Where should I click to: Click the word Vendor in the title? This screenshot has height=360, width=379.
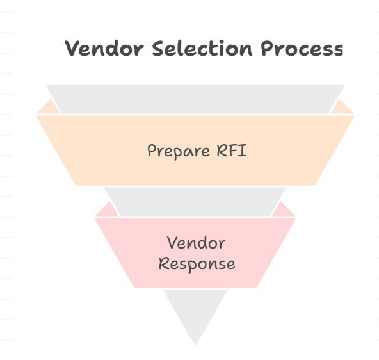pyautogui.click(x=104, y=49)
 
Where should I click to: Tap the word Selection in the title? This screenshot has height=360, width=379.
pyautogui.click(x=202, y=48)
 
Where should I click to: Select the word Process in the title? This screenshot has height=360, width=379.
pyautogui.click(x=302, y=48)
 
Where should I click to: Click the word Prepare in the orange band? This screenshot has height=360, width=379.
pyautogui.click(x=179, y=151)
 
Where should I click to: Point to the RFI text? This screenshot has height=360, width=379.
pyautogui.click(x=232, y=151)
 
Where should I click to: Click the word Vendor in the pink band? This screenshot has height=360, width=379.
pyautogui.click(x=197, y=243)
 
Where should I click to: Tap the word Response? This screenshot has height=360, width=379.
pyautogui.click(x=197, y=264)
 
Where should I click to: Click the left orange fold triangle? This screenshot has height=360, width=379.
pyautogui.click(x=49, y=108)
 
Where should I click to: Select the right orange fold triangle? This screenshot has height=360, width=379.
pyautogui.click(x=341, y=108)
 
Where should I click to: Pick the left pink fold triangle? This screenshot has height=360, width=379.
pyautogui.click(x=108, y=210)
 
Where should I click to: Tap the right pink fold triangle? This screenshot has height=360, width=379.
pyautogui.click(x=282, y=210)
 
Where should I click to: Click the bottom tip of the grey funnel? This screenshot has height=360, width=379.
pyautogui.click(x=195, y=345)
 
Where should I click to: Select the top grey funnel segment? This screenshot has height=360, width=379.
pyautogui.click(x=195, y=99)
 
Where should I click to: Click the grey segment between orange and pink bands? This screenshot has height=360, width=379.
pyautogui.click(x=195, y=202)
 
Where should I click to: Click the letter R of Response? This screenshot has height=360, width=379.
pyautogui.click(x=163, y=263)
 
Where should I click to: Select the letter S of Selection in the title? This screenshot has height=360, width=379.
pyautogui.click(x=158, y=48)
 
